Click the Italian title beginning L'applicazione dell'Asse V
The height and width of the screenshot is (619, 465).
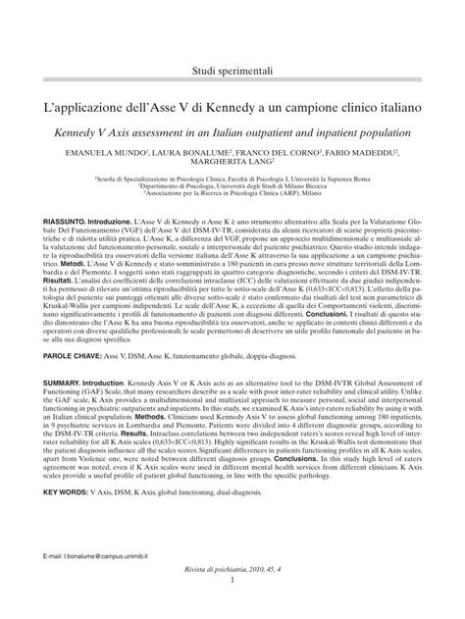[x=232, y=105]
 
